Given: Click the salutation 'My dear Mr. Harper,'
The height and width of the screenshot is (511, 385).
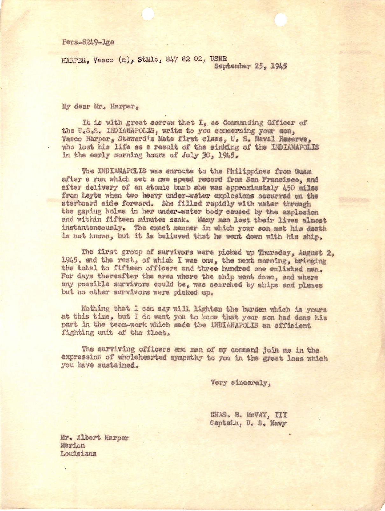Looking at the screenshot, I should click(x=100, y=107).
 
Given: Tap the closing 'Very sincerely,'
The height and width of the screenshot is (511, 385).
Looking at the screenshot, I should click(x=241, y=383).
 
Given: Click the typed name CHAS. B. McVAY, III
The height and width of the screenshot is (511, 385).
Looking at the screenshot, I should click(x=248, y=415).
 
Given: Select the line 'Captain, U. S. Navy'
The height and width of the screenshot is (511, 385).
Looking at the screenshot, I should click(x=248, y=423).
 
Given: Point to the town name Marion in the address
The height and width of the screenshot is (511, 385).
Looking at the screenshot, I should click(x=73, y=445).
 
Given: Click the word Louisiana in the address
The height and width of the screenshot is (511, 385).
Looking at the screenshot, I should click(x=79, y=454).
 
